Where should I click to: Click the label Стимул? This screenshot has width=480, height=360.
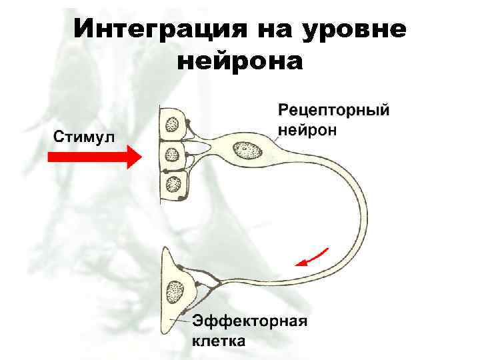83,137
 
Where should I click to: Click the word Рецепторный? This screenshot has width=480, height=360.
333,110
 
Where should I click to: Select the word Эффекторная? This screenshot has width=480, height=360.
250,321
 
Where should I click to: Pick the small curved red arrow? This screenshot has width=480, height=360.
313,257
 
